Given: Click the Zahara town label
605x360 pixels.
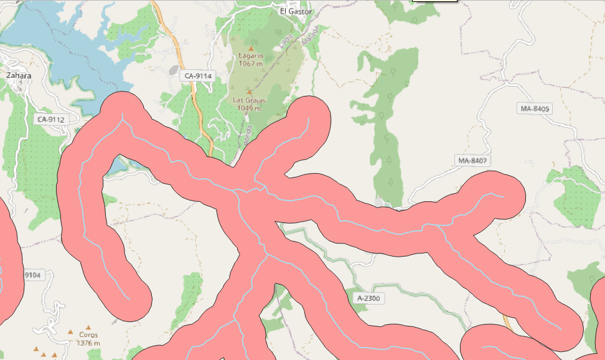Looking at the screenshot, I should (19, 75).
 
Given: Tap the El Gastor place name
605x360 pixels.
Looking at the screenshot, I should (295, 11).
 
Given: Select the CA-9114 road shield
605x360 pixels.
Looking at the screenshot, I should (199, 76).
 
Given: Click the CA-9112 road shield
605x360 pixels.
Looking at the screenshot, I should (51, 119).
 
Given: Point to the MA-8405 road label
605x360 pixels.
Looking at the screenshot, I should (535, 109).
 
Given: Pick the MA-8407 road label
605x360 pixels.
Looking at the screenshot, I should (472, 161).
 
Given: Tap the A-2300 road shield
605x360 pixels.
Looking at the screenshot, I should (368, 299).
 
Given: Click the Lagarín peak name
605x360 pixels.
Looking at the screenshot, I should (251, 55).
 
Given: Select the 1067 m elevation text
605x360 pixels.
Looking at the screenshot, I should (251, 63).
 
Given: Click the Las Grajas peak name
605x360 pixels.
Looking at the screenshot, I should (250, 100).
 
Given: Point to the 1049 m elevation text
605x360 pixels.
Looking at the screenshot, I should (250, 107).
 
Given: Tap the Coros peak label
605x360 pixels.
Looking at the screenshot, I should (88, 334).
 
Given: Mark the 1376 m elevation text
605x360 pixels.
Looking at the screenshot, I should (88, 343).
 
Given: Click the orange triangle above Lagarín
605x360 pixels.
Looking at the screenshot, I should (251, 48).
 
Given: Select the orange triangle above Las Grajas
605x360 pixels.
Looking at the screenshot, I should (250, 92).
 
